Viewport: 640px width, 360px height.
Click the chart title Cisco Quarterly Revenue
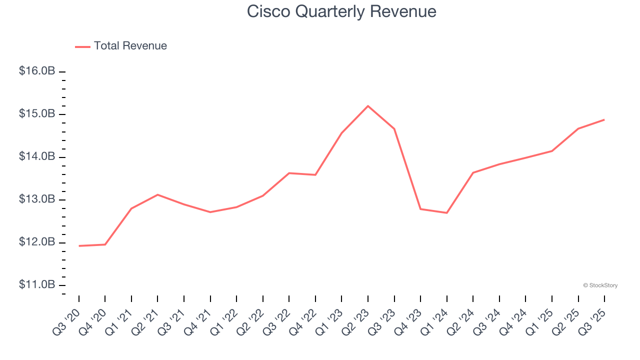point(341,11)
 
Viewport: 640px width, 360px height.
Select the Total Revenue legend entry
point(121,46)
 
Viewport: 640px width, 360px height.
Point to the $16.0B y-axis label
point(37,71)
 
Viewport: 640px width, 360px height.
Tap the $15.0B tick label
point(37,114)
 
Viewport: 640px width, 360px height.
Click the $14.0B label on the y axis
point(37,157)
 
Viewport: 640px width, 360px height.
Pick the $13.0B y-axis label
point(37,199)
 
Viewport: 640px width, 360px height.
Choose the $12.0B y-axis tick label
point(37,242)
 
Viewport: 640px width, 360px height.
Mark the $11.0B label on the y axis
point(37,285)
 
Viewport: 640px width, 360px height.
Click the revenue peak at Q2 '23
point(368,106)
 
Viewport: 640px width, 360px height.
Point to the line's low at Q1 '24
point(446,213)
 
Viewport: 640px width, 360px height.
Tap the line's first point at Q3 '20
point(79,246)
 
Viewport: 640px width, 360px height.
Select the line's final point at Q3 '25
point(604,119)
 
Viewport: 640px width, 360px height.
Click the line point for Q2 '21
point(157,194)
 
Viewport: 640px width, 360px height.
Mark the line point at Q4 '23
point(420,209)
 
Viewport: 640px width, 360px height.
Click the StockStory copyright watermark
point(600,285)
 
